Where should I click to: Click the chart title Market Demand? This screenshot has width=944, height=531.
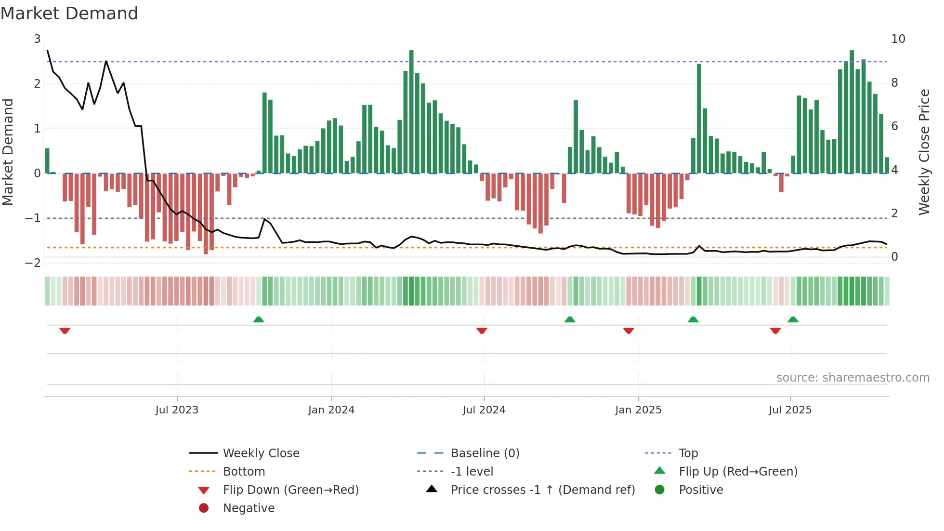[x=69, y=13]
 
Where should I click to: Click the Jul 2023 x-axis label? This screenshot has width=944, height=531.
[x=177, y=410]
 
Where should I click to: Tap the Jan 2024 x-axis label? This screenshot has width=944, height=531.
[x=331, y=410]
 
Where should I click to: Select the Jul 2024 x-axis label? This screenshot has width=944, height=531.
[x=484, y=410]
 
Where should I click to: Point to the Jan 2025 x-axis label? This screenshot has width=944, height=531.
[x=638, y=410]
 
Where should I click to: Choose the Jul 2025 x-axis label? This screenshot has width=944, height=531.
[x=790, y=410]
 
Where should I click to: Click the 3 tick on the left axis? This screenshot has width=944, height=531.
[x=37, y=39]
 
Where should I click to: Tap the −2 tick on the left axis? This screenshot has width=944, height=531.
[x=33, y=263]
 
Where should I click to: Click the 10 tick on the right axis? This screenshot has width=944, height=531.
[x=898, y=39]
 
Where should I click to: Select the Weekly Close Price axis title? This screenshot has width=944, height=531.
[x=924, y=152]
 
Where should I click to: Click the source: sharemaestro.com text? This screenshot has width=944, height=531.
[x=852, y=378]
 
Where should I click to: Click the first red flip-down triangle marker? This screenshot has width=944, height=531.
[x=65, y=331]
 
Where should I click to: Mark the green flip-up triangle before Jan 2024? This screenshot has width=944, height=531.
[x=259, y=319]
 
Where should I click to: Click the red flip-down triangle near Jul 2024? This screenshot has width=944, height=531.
[x=482, y=331]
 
